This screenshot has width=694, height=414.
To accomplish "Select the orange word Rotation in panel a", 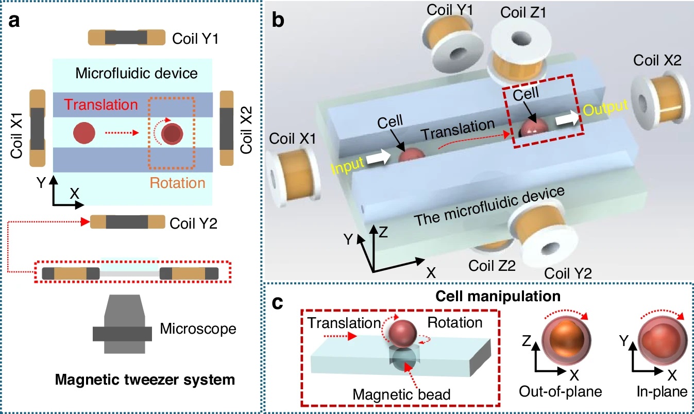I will click(x=178, y=182).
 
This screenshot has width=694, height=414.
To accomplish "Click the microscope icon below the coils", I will click(x=122, y=327).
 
